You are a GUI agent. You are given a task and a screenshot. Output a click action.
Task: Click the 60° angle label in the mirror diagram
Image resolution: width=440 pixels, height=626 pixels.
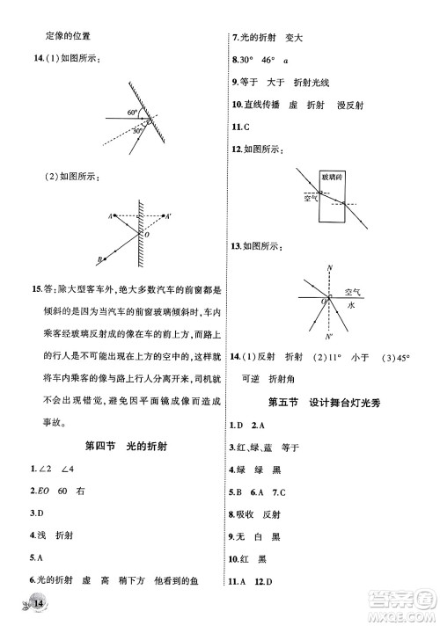coord(130,113)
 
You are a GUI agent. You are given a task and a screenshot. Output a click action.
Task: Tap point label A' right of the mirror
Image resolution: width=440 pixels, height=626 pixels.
coord(169,215)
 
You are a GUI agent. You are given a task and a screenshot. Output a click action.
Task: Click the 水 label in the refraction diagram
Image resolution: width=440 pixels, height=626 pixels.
coord(350,303)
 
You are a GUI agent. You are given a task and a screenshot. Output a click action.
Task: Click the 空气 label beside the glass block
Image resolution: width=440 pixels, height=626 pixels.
coord(310,199)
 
